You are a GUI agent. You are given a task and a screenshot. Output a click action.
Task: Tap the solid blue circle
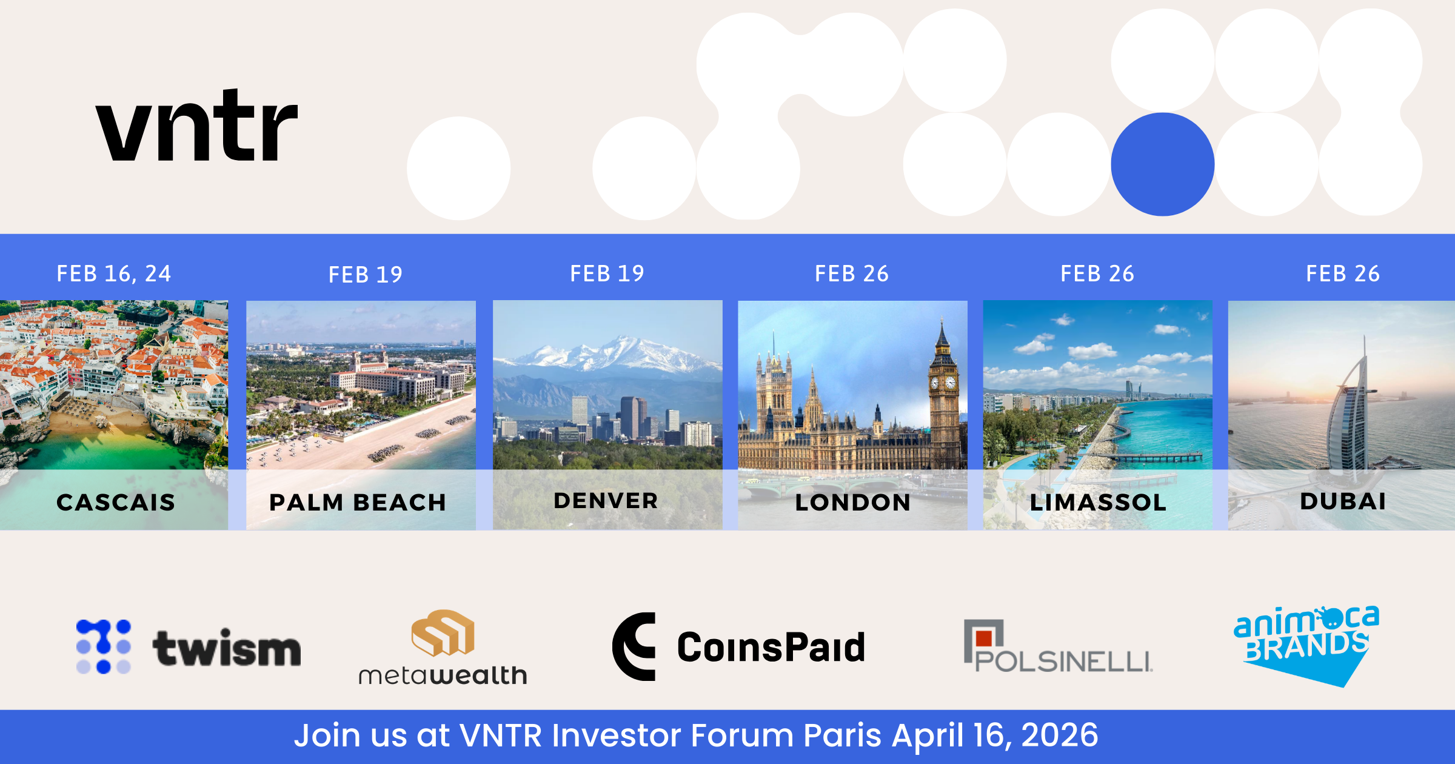(1163, 164)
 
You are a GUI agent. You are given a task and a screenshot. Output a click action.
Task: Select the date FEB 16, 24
(114, 273)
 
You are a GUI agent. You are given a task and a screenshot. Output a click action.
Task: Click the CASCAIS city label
(116, 502)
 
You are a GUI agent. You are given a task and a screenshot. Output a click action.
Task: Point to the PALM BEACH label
(358, 502)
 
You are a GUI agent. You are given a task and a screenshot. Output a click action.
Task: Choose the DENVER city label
(606, 501)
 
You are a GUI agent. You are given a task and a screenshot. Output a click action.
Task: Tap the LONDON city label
(853, 502)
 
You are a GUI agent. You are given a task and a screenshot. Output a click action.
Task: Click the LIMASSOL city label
(1098, 502)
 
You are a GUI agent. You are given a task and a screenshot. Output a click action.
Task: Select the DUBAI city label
(1343, 501)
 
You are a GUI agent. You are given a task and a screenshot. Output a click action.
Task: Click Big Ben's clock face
(951, 383)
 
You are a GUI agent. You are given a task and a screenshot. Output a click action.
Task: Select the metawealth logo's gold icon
(443, 632)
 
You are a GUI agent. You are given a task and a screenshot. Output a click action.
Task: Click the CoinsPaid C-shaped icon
(634, 646)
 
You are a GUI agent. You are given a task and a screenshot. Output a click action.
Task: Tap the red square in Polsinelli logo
(984, 638)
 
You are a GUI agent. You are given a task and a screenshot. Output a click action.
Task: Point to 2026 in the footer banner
(1060, 735)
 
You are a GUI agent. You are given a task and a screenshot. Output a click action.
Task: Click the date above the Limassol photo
(1097, 273)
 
